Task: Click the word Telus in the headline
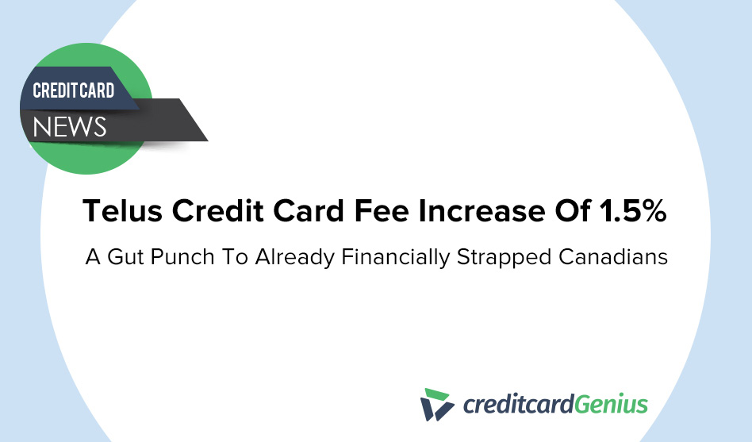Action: (x=124, y=213)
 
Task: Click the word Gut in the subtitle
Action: (x=130, y=259)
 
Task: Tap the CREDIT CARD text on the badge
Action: (x=73, y=90)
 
